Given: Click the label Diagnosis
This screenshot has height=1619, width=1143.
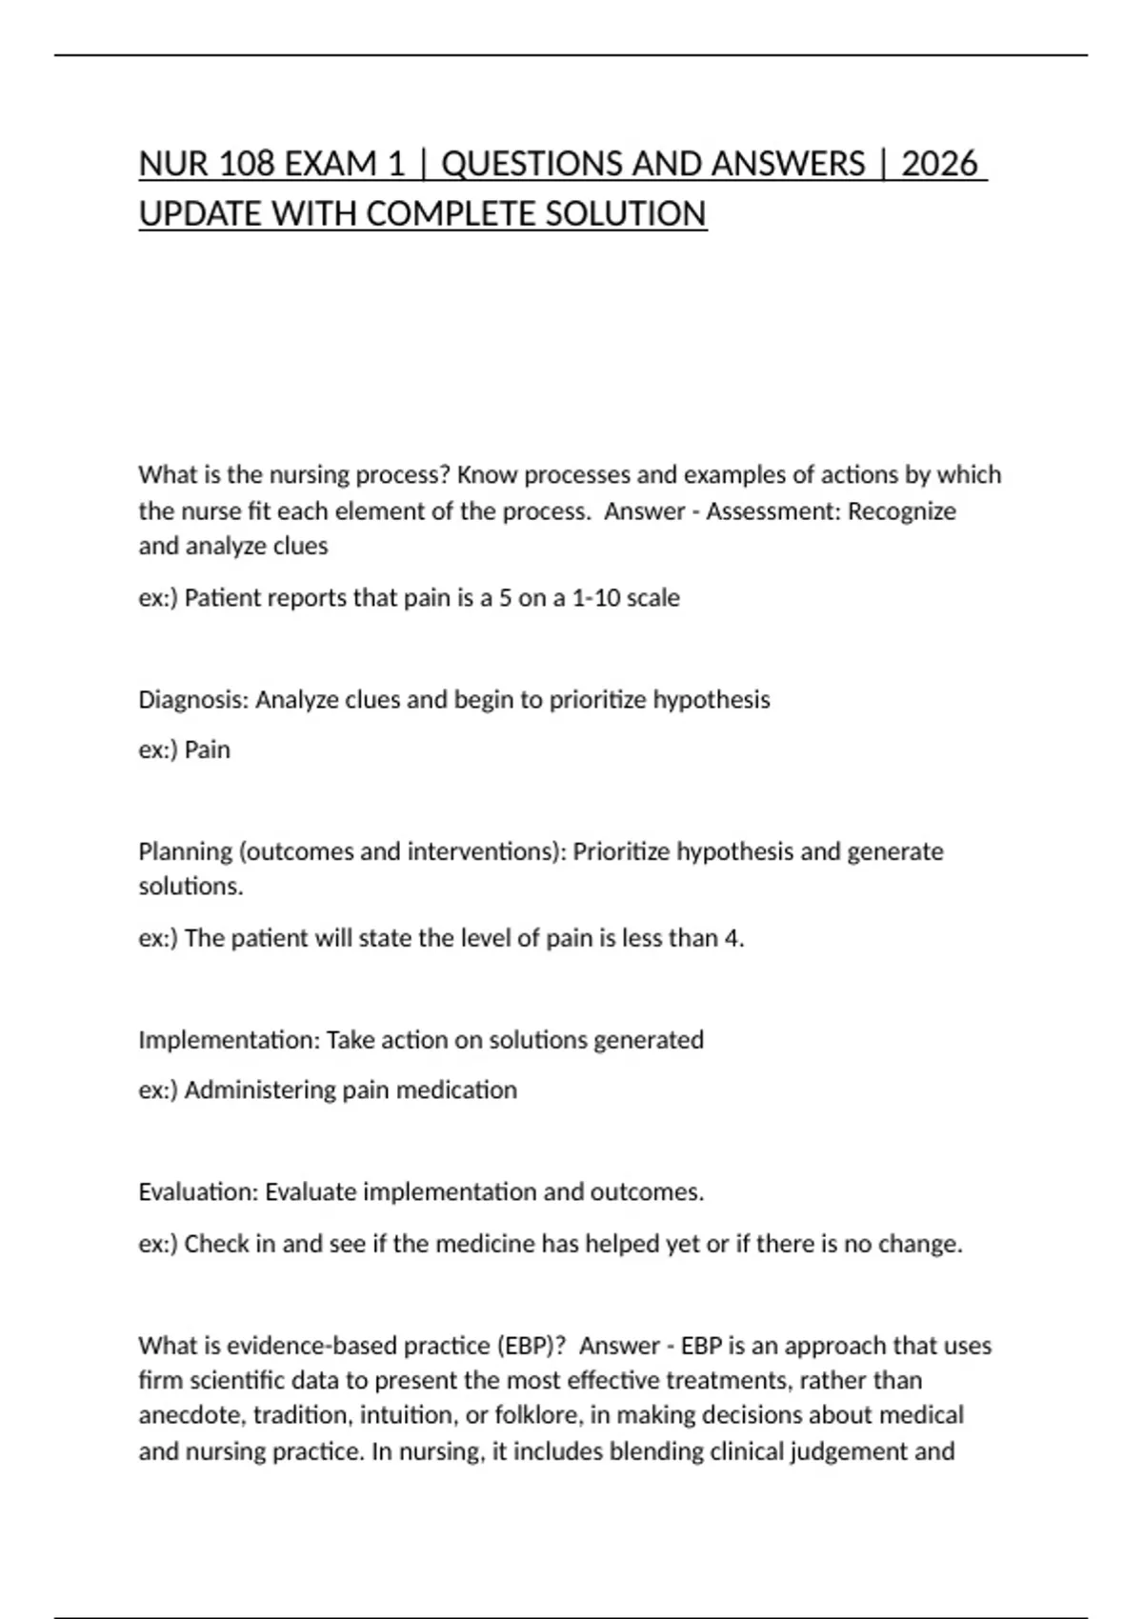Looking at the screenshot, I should coord(193,700).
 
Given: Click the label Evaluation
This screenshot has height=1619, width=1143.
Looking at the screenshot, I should coord(198,1192).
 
